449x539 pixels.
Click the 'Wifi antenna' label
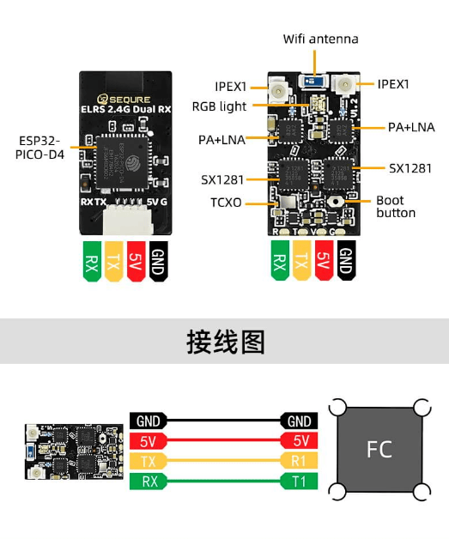(x=320, y=39)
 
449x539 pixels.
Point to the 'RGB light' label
(x=219, y=106)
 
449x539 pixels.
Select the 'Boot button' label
(x=395, y=207)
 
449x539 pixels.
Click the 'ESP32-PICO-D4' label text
(x=39, y=147)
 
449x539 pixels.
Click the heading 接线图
(x=225, y=341)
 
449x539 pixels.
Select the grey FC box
(x=379, y=450)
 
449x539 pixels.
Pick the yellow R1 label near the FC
(x=300, y=462)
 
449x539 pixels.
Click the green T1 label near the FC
(x=300, y=481)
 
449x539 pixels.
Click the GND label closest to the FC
(x=300, y=421)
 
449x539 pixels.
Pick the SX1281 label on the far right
(x=410, y=168)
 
